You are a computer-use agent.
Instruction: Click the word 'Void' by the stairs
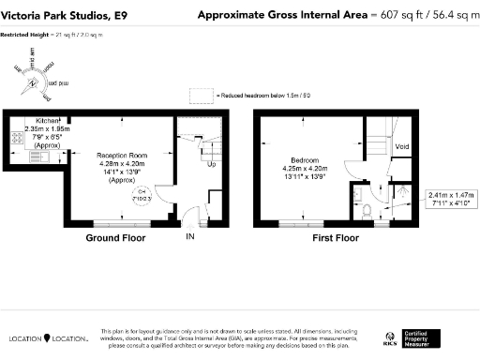402,147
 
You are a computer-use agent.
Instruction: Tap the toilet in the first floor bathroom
374,208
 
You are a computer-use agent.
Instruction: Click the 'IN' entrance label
190,238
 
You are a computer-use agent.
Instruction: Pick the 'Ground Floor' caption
115,238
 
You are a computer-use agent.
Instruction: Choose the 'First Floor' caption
336,238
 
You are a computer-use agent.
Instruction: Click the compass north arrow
35,82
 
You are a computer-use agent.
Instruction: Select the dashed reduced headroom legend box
202,95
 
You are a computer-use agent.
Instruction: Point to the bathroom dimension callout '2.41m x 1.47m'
453,201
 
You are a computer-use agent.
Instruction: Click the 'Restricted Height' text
26,34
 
